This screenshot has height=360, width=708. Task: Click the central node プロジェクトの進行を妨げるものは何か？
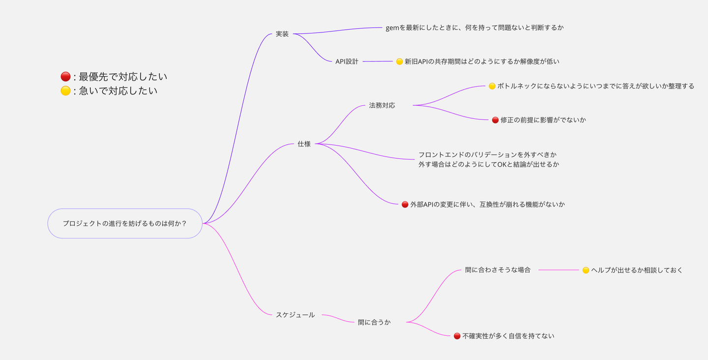pyautogui.click(x=125, y=223)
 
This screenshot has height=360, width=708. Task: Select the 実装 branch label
pyautogui.click(x=282, y=34)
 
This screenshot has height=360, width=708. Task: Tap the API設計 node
pyautogui.click(x=347, y=61)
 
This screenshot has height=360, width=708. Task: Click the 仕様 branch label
pyautogui.click(x=304, y=144)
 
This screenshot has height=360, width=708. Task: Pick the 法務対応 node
pyautogui.click(x=382, y=105)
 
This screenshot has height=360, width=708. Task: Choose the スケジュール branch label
pyautogui.click(x=295, y=315)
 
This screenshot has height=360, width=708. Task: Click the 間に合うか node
pyautogui.click(x=374, y=323)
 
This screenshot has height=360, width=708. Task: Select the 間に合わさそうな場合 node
pyautogui.click(x=498, y=270)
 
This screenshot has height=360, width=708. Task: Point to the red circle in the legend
pyautogui.click(x=65, y=77)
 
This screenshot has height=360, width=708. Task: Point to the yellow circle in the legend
pyautogui.click(x=65, y=91)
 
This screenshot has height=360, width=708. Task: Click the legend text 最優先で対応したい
pyautogui.click(x=123, y=77)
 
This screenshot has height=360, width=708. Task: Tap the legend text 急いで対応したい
pyautogui.click(x=118, y=91)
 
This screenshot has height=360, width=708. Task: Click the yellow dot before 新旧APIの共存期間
pyautogui.click(x=400, y=61)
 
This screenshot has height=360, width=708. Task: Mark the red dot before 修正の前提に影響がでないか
pyautogui.click(x=496, y=120)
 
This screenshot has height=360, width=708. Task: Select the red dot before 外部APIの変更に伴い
pyautogui.click(x=405, y=204)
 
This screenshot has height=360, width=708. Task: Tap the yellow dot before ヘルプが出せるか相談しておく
pyautogui.click(x=586, y=270)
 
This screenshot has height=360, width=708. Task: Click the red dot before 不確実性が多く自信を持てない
pyautogui.click(x=457, y=336)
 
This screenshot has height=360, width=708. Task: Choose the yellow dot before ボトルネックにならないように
pyautogui.click(x=492, y=86)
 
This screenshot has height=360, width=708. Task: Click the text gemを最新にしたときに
pyautogui.click(x=474, y=28)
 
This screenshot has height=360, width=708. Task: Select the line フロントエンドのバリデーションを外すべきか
pyautogui.click(x=487, y=154)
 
